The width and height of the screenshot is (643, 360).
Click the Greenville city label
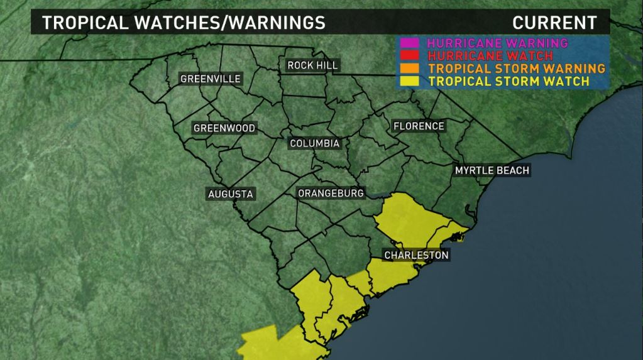point(211,79)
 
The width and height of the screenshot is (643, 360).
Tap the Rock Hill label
point(312,65)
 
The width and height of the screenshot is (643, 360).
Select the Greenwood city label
point(224,128)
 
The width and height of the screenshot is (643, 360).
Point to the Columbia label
point(314,143)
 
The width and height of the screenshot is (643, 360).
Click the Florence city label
point(419,126)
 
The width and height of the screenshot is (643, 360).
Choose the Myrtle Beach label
point(492,170)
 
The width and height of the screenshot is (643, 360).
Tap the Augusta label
point(231,194)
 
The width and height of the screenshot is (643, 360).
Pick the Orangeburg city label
point(331,193)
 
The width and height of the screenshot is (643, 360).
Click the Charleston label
point(416,255)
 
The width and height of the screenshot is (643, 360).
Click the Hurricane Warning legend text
point(497,43)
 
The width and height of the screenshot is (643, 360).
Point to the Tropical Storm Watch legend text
point(508,81)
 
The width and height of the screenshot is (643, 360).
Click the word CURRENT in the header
point(554,23)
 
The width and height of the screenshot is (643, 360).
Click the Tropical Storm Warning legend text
point(516,68)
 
